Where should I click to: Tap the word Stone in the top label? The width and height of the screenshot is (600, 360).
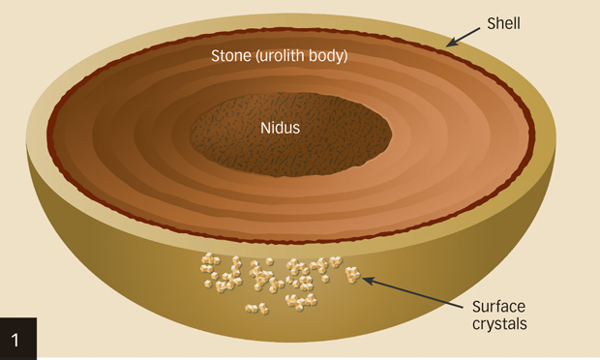(231, 55)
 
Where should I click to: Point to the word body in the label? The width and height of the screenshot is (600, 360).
(330, 55)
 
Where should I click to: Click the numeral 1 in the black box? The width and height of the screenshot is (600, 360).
(18, 339)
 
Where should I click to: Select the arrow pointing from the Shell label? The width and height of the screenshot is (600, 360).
(465, 36)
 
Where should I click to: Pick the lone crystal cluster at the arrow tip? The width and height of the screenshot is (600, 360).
(352, 276)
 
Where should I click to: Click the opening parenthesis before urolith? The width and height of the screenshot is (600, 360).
(258, 55)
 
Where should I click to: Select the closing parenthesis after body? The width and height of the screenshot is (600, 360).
(347, 55)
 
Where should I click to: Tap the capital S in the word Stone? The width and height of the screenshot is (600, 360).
(217, 55)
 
